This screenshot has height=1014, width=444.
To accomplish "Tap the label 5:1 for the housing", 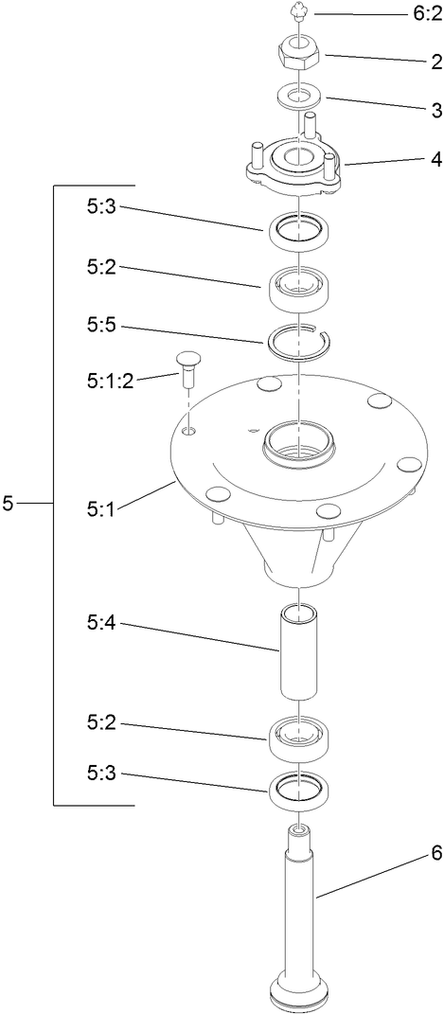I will point(100,508).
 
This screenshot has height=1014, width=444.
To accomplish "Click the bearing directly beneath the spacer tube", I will point(298,735).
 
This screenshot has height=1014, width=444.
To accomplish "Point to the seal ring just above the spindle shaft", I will point(298,790).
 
